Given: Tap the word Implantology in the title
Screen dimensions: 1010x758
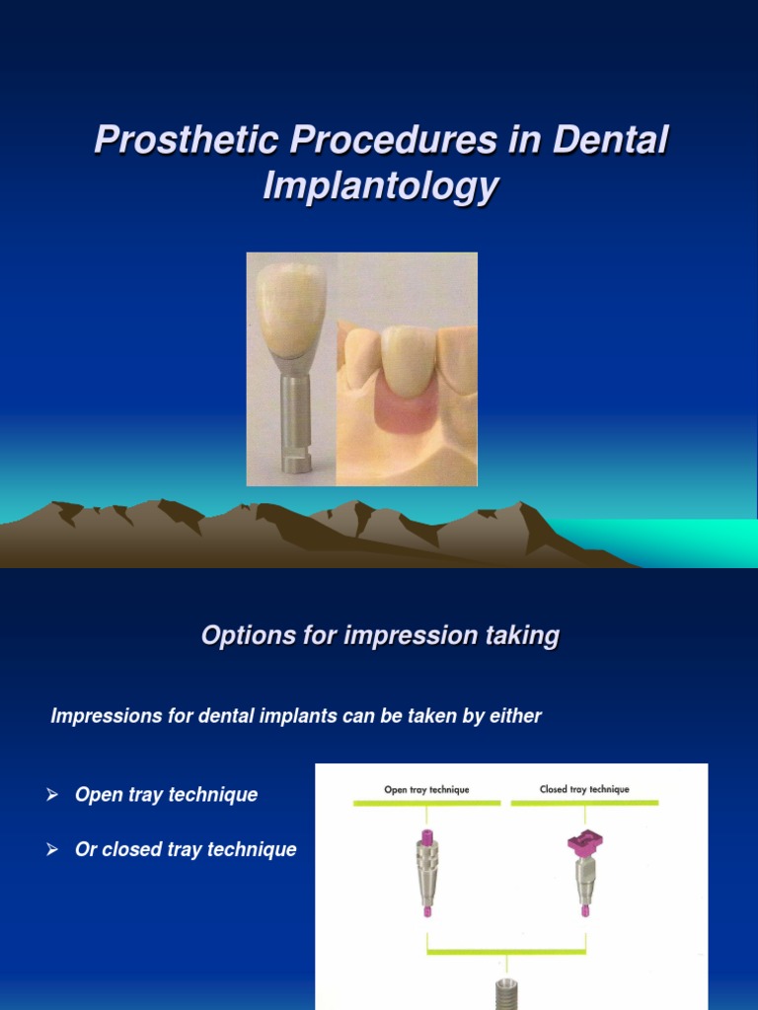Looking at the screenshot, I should click(380, 186).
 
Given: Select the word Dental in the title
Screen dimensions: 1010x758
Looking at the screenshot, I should click(610, 140).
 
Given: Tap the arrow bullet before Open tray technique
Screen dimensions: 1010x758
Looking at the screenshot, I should click(53, 795).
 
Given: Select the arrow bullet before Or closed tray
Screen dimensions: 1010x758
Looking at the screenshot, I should click(53, 849).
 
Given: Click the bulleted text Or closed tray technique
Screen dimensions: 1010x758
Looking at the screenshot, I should click(186, 849).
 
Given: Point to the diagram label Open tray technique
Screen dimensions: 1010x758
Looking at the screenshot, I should click(426, 790).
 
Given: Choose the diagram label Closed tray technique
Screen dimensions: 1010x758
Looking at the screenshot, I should click(584, 790).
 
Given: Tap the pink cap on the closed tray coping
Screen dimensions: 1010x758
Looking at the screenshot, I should click(584, 844).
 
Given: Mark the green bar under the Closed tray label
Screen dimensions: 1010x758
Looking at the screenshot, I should click(584, 804).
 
